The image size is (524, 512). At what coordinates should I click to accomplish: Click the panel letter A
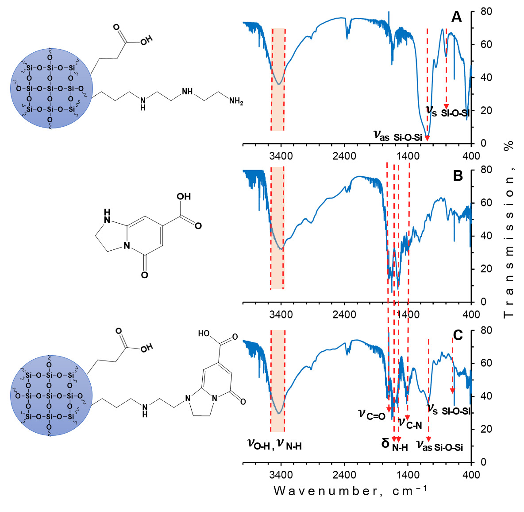point(456,17)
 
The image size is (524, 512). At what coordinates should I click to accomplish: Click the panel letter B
point(458,176)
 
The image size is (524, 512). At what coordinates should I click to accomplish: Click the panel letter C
point(458,335)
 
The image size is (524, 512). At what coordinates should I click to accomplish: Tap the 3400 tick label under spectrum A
point(281,156)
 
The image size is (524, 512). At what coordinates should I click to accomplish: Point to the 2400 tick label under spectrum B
point(344,314)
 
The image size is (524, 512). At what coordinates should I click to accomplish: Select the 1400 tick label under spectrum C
point(408,475)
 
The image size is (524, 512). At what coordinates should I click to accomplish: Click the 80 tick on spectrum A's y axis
point(486,11)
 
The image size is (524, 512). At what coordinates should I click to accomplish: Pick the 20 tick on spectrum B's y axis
point(486,269)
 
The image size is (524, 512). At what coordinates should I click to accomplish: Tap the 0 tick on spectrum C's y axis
point(483,462)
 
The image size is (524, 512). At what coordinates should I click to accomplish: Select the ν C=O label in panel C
point(372,415)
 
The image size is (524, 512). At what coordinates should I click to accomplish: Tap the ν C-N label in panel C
point(410,423)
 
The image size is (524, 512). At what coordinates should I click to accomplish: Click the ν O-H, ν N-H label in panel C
point(274,444)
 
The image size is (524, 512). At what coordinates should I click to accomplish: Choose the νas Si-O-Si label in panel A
point(398,136)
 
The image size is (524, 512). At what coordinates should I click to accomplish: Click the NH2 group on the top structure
point(236,101)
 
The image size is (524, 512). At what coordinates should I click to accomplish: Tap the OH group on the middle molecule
point(184,196)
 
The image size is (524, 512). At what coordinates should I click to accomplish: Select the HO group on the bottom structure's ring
point(204,334)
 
